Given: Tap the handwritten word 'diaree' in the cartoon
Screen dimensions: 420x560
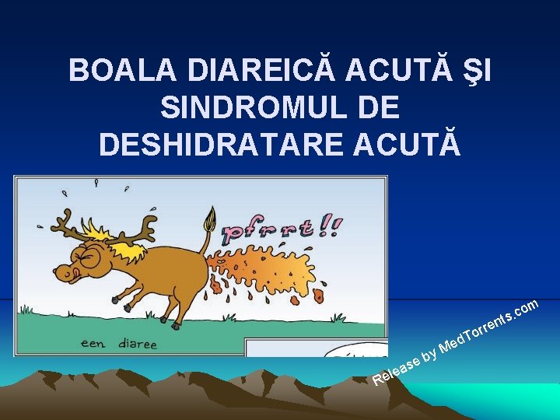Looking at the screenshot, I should (133, 344).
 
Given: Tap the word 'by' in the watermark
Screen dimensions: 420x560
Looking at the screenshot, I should (429, 355).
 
